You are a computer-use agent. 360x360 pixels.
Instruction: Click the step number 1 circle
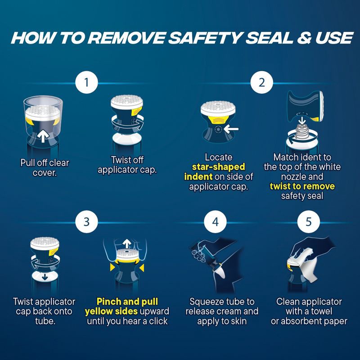(86, 82)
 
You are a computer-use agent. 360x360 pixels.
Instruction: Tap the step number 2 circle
(262, 82)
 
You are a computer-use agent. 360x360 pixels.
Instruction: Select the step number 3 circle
(86, 222)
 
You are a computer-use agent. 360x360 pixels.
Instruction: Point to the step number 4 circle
(215, 222)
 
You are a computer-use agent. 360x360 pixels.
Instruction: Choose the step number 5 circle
(309, 222)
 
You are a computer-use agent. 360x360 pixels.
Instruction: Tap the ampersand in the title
(304, 38)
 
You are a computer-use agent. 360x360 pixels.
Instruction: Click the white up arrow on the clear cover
(43, 136)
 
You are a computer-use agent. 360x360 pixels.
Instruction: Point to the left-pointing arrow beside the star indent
(231, 129)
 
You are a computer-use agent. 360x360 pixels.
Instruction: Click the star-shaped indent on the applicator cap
(218, 130)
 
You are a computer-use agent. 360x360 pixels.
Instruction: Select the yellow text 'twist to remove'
(302, 186)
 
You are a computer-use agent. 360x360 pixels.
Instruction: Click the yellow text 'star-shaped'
(218, 167)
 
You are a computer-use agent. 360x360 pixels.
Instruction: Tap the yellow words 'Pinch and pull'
(127, 301)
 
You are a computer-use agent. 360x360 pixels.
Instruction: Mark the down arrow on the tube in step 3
(45, 277)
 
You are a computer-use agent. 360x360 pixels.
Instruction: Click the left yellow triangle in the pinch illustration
(112, 267)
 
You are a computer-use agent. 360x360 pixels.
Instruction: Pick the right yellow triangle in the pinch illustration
(142, 267)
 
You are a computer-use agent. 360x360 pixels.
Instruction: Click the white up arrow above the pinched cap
(126, 243)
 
